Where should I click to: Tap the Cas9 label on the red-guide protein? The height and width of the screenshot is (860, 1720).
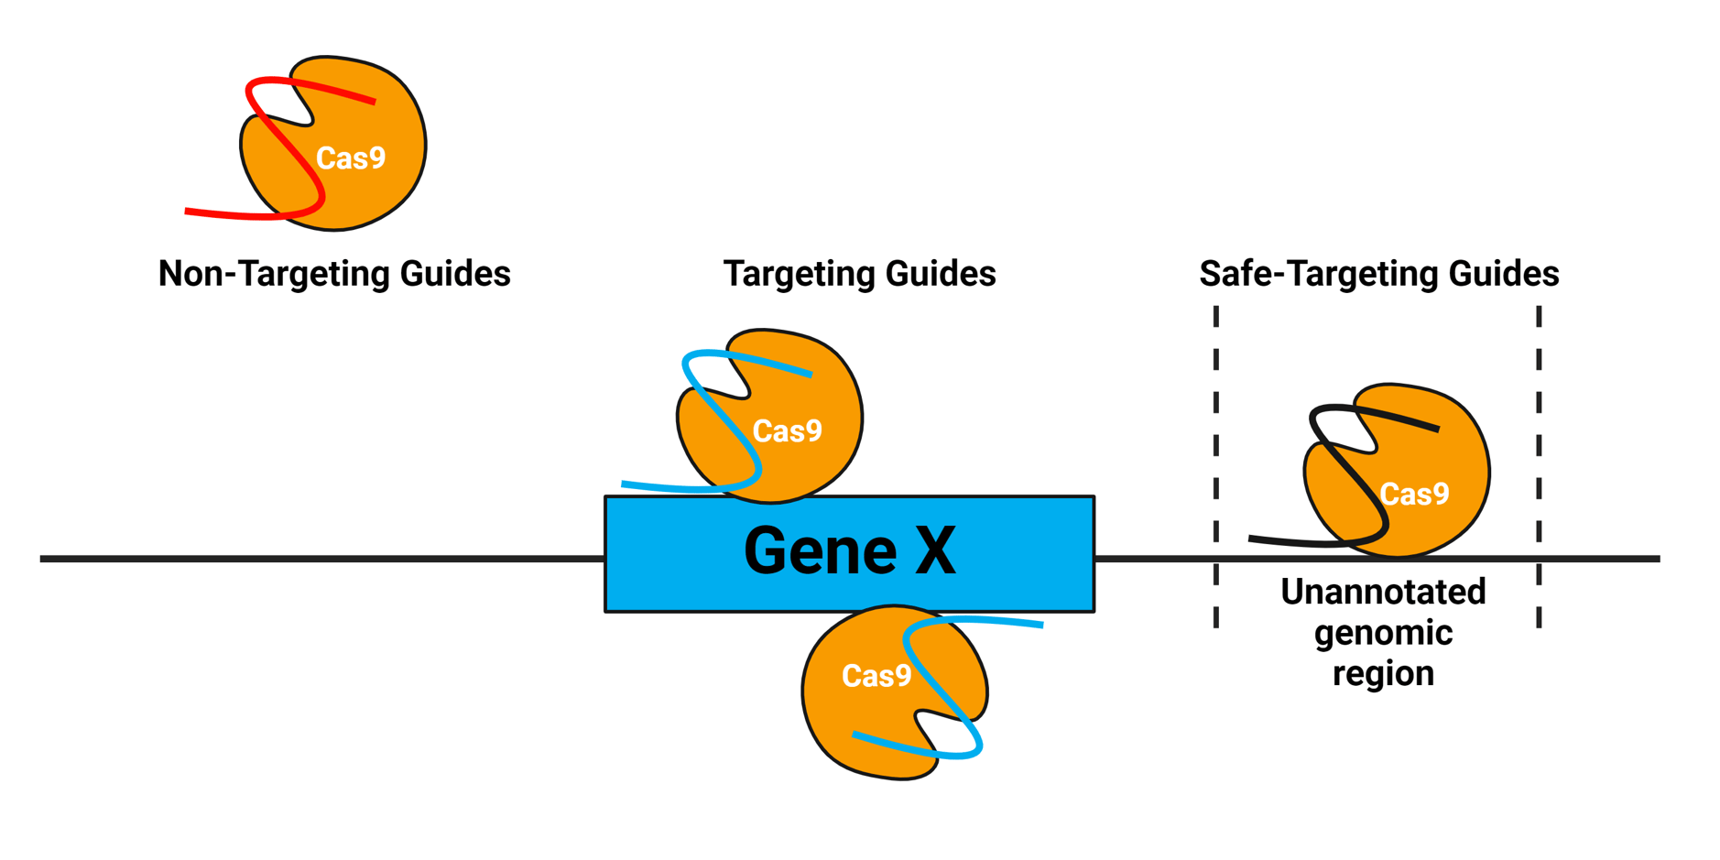(351, 158)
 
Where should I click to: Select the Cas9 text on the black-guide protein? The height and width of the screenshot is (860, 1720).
(1414, 495)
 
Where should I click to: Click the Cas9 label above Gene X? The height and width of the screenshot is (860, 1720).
(787, 430)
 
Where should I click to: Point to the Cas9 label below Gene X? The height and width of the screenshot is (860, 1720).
(876, 676)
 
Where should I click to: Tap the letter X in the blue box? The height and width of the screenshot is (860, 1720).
(935, 551)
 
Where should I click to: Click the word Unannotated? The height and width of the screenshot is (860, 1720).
(1383, 592)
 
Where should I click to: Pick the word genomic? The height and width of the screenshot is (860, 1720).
(1383, 634)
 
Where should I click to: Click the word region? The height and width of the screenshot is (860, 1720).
(1383, 674)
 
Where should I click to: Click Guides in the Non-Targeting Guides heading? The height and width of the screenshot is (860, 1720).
(459, 274)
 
